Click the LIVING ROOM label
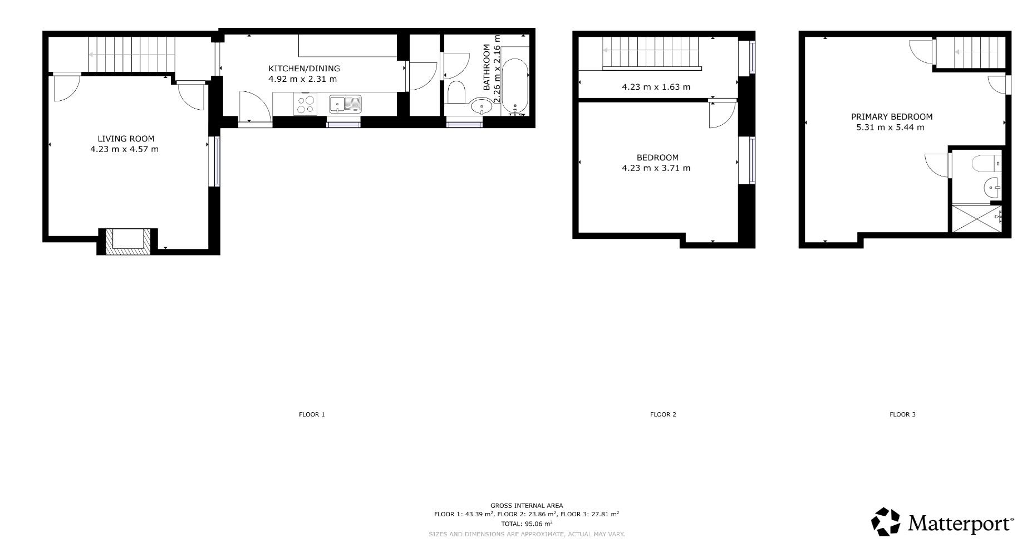(x=126, y=139)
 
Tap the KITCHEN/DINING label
(x=304, y=69)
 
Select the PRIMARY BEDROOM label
(x=892, y=117)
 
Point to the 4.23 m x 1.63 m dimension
(x=656, y=87)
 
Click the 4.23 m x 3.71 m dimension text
(x=656, y=168)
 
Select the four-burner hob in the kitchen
(x=306, y=104)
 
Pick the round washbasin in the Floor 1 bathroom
(x=481, y=105)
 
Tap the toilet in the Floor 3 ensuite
(x=986, y=164)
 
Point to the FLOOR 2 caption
(x=663, y=414)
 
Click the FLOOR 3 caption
(x=902, y=414)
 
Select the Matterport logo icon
(x=886, y=522)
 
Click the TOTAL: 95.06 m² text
(x=527, y=524)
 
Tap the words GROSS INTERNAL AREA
(x=527, y=506)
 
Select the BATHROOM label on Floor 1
(x=487, y=67)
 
